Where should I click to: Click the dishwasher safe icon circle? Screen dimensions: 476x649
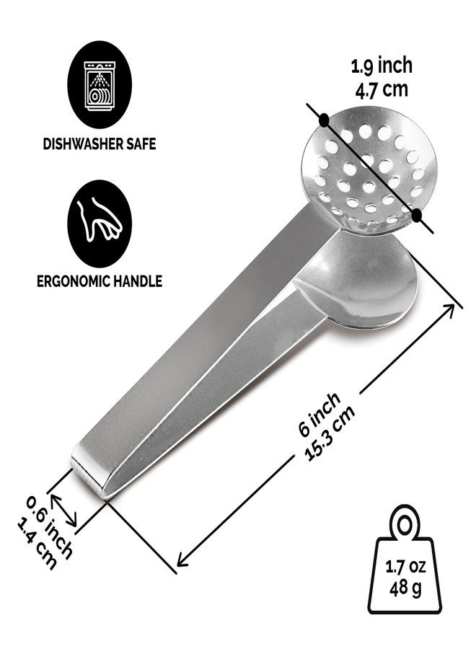click(x=100, y=84)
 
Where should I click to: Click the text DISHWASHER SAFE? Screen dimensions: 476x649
click(x=100, y=144)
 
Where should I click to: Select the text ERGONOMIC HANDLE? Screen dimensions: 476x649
click(x=100, y=281)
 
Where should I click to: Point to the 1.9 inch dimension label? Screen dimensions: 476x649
click(x=382, y=66)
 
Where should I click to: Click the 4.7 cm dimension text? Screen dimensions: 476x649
click(x=382, y=89)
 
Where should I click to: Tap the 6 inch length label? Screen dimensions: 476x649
click(x=319, y=414)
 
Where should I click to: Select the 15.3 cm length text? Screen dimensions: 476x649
click(x=330, y=433)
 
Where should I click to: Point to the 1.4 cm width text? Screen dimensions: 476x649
click(x=37, y=544)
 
